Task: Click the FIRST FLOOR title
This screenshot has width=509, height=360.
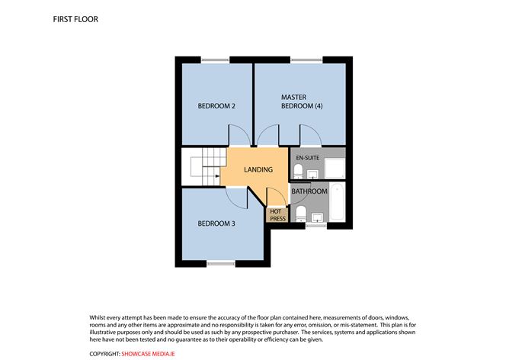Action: [x=76, y=18]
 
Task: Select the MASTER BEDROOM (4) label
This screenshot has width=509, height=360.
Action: [x=302, y=101]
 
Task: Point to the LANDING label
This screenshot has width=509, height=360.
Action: [x=258, y=169]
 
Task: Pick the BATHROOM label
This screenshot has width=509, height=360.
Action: [x=309, y=191]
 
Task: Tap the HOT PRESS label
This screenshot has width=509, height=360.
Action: [x=277, y=215]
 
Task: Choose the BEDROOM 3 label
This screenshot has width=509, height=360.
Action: [x=216, y=223]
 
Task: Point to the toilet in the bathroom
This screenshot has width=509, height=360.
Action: [x=299, y=211]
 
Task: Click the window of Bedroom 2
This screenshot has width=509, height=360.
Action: [x=215, y=60]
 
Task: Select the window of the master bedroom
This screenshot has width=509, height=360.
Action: [x=304, y=60]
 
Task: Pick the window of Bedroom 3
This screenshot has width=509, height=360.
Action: [x=220, y=263]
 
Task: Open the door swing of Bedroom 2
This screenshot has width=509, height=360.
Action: [x=239, y=137]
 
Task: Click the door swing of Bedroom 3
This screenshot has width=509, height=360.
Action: [x=235, y=196]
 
